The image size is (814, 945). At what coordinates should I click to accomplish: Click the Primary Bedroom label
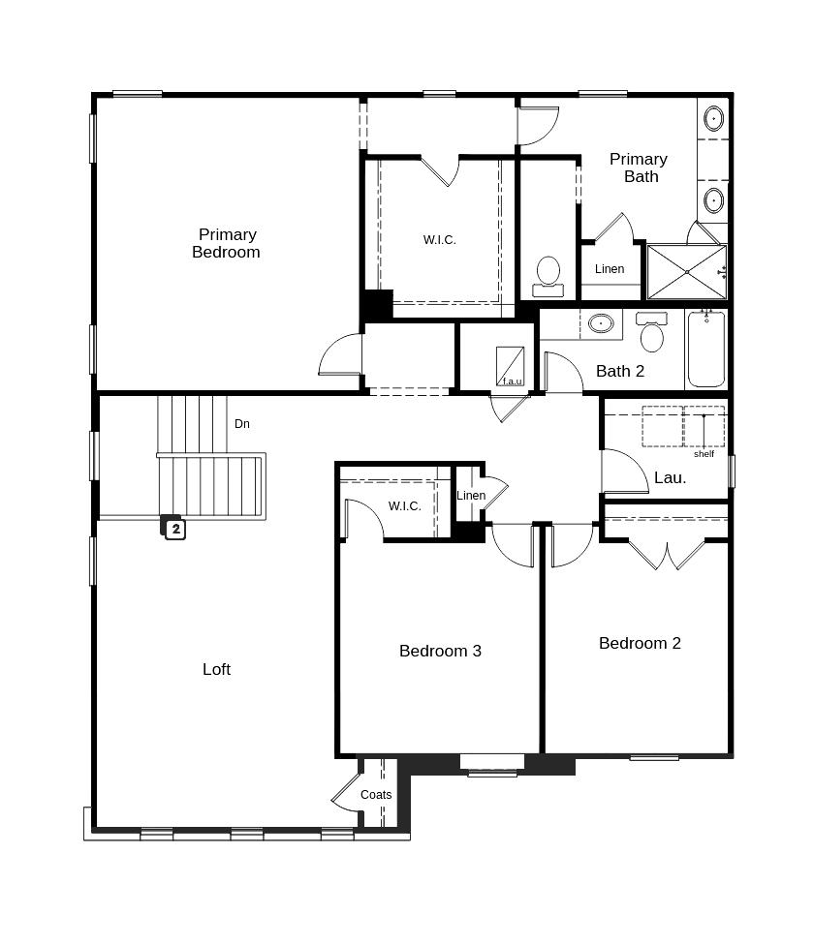[226, 243]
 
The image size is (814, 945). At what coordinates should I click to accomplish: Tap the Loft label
[216, 669]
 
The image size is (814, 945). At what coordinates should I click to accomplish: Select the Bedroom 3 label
[440, 651]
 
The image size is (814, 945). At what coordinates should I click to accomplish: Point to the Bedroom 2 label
[640, 643]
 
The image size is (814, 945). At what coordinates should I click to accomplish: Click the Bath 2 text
[620, 371]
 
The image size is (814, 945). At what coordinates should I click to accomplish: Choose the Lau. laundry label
[670, 478]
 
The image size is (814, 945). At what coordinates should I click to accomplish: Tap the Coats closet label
[376, 795]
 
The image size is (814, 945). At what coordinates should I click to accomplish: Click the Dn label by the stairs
[242, 424]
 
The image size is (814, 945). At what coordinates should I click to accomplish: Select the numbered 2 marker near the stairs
[175, 529]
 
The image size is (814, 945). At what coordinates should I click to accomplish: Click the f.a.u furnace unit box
[510, 366]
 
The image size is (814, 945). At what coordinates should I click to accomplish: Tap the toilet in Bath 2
[652, 331]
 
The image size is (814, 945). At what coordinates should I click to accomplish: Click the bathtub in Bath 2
[706, 349]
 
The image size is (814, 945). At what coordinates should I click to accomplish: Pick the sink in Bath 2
[601, 323]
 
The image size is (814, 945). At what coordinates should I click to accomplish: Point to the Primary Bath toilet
[548, 277]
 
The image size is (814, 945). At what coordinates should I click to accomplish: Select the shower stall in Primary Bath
[687, 272]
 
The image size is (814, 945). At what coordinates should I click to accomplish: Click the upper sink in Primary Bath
[714, 119]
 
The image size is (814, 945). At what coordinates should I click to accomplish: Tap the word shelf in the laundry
[704, 454]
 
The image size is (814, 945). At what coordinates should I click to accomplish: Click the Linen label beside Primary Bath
[610, 269]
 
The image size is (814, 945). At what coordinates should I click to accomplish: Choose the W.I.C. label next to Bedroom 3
[405, 506]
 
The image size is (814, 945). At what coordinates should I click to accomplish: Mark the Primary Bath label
[639, 168]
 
